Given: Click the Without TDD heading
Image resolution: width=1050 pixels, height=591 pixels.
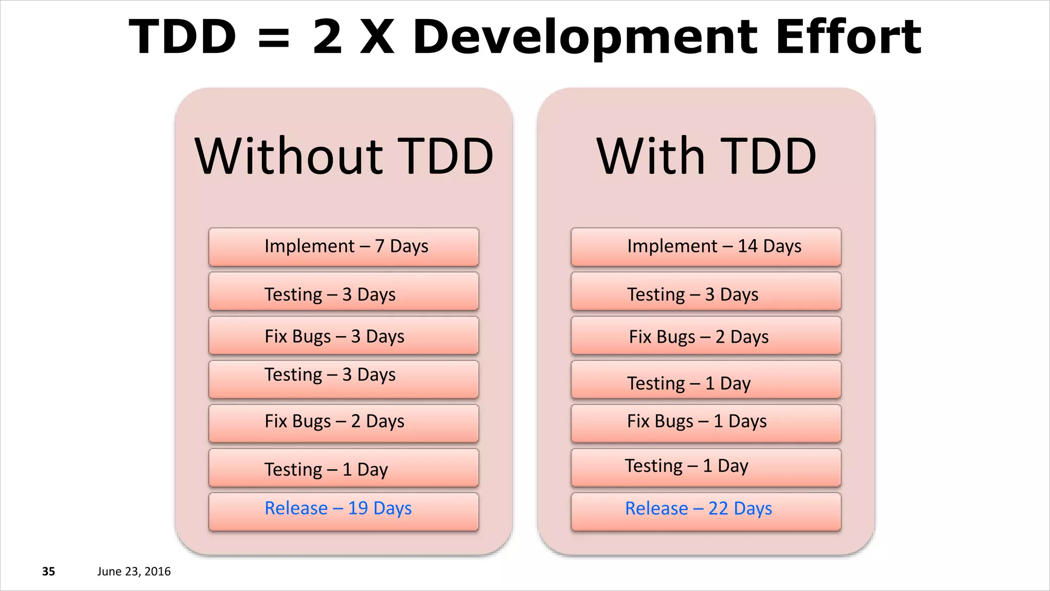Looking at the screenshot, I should click(344, 156).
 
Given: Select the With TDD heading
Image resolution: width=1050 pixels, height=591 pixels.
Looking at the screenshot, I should click(706, 156).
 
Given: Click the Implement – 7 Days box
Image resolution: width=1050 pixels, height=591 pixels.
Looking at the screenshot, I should click(344, 247).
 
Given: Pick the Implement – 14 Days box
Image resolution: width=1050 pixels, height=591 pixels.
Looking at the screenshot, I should click(706, 247).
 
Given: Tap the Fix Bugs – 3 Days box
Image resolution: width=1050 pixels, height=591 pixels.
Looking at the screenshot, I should click(344, 336).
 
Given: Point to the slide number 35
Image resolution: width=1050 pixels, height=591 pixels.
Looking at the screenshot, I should click(48, 572).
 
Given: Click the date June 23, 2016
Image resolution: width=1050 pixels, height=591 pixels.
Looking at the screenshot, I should click(134, 572).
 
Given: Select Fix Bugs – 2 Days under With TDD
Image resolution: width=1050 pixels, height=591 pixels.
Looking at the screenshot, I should click(706, 336).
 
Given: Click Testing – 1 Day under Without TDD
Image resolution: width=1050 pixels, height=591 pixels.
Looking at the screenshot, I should click(344, 468).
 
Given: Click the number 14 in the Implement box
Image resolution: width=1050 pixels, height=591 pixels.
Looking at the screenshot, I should click(748, 246).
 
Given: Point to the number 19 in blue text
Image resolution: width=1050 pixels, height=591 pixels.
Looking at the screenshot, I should click(358, 508).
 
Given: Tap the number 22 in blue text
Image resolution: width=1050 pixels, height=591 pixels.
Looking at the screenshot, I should click(718, 508).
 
